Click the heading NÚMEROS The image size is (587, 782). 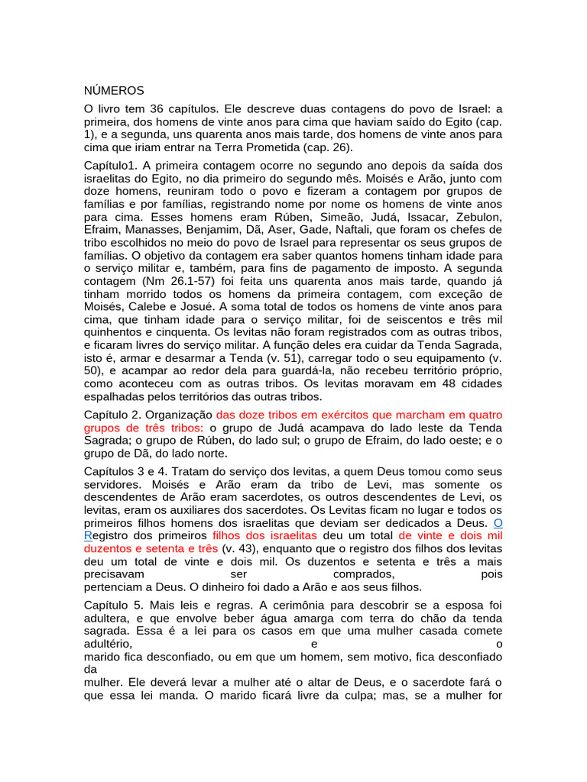tap(114, 91)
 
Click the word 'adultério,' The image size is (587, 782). tap(108, 644)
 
